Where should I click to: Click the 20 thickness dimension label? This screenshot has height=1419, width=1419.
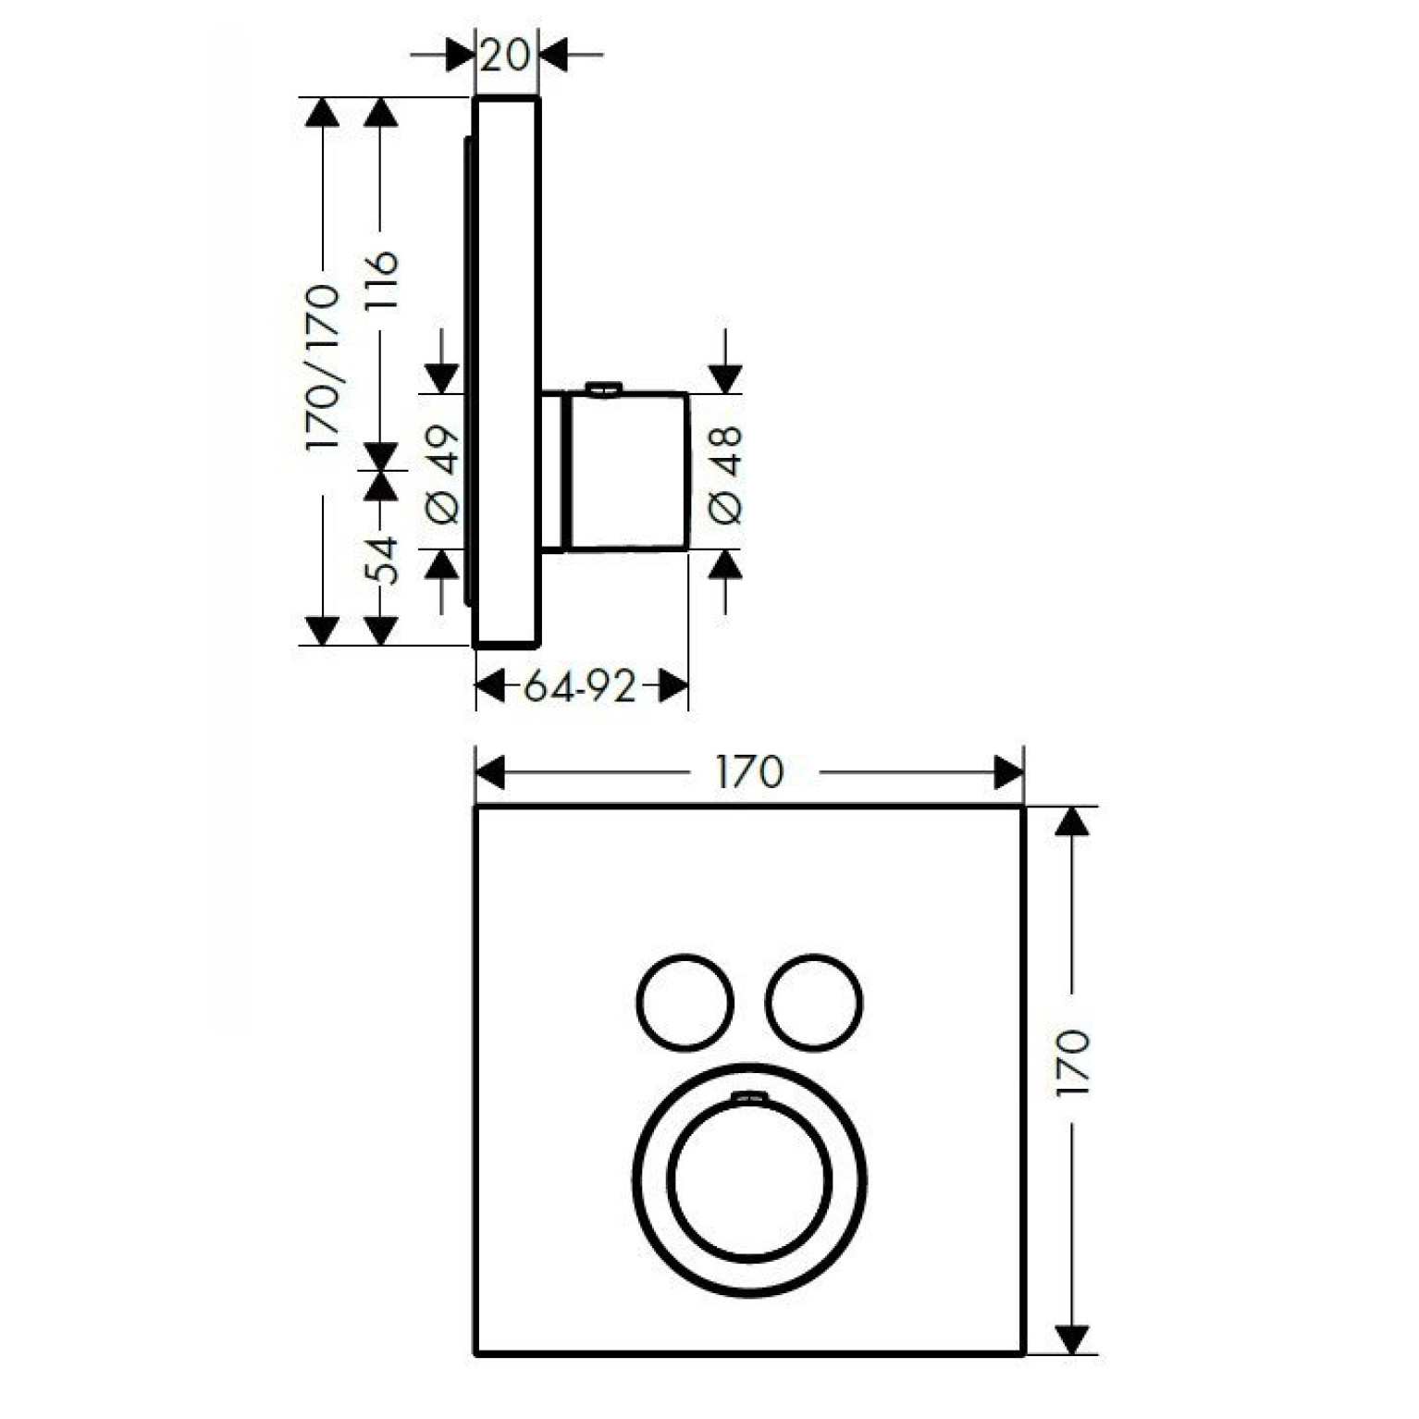pos(506,55)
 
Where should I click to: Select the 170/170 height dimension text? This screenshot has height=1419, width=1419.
pos(323,368)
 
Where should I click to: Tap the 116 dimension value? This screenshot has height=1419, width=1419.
pos(381,280)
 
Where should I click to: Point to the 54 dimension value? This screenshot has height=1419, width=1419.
pos(381,560)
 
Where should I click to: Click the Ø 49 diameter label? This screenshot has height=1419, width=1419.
pos(443,475)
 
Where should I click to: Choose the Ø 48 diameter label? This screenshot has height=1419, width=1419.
pos(726,475)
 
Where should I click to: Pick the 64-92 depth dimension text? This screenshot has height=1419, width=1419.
pos(580,686)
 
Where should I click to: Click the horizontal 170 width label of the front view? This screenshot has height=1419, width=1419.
pos(749,771)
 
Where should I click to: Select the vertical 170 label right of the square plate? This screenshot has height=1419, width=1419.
pos(1073,1063)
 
